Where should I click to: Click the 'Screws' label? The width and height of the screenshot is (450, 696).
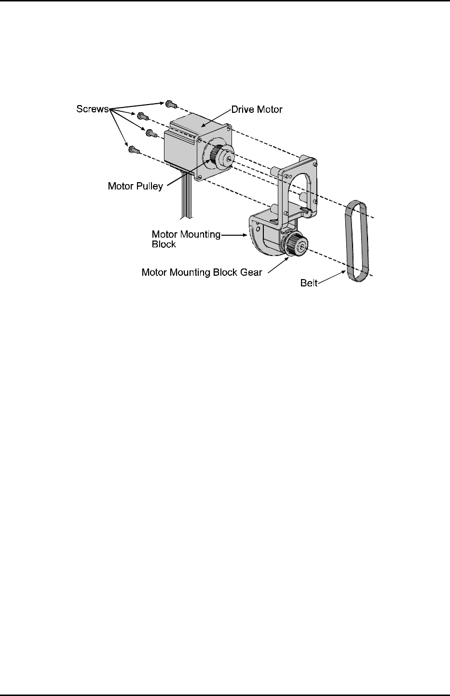coord(93,109)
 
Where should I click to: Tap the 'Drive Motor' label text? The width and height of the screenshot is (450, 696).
coord(257,109)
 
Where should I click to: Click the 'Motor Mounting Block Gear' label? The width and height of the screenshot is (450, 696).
coord(202,272)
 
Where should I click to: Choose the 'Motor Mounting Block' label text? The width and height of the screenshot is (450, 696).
coord(186,239)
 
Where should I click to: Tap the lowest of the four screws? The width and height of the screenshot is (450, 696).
coord(133,150)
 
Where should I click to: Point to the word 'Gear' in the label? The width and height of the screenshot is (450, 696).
coord(251,272)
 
